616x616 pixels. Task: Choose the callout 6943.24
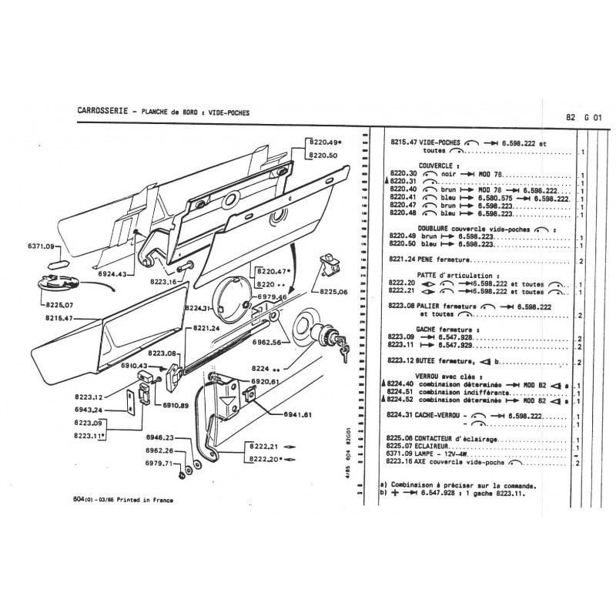point(91,410)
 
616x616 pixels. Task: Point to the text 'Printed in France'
point(145,500)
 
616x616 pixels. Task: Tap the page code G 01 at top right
point(591,118)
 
